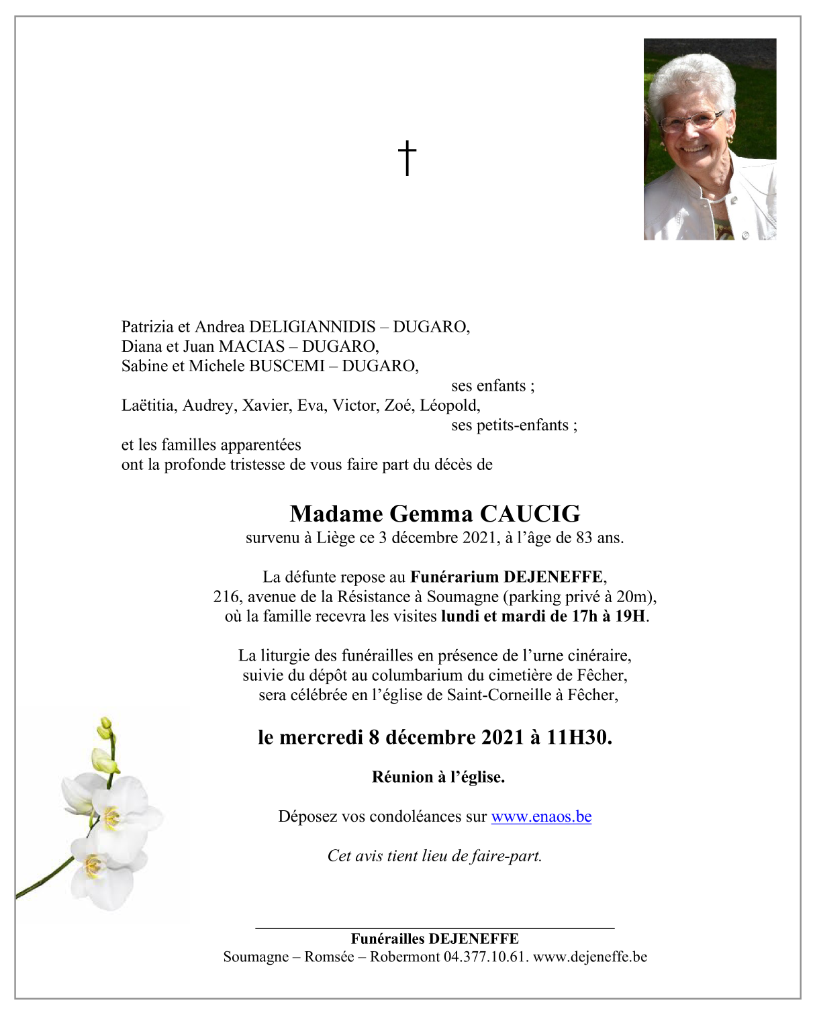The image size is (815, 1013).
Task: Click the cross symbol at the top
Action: point(407,158)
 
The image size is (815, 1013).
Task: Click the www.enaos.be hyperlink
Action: point(541,816)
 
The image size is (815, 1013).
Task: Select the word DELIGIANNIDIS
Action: point(312,327)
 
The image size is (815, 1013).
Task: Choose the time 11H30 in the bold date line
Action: point(577,737)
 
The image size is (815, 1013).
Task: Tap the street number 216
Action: point(226,597)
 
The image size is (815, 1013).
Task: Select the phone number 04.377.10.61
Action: point(485,957)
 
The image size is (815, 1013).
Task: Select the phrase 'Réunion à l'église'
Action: point(438,777)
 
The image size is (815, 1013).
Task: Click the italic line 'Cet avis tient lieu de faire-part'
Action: point(434,856)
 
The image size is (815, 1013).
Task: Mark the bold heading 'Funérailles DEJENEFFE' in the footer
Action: point(434,938)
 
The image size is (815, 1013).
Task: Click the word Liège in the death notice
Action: point(336,538)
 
